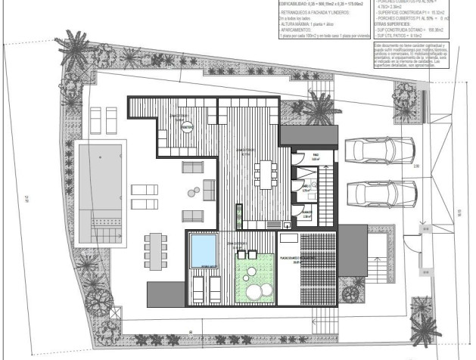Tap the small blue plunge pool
[x=203, y=250]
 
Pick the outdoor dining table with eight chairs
[x=157, y=249]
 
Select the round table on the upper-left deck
[x=187, y=127]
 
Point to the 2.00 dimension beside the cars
[x=416, y=165]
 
